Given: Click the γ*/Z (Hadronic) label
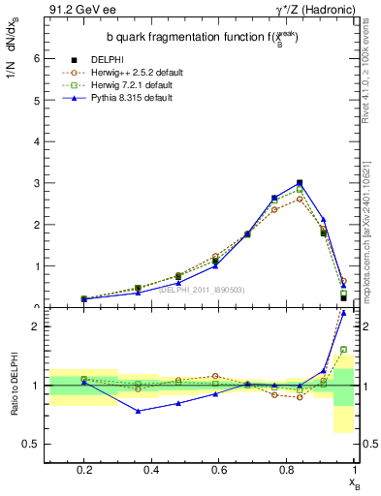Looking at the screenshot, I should click(x=315, y=9).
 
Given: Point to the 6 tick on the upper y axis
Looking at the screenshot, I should click(x=36, y=58).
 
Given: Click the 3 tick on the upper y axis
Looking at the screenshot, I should click(x=36, y=183).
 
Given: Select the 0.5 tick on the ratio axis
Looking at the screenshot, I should click(x=32, y=445).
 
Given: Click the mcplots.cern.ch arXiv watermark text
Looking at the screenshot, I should click(x=371, y=223).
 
